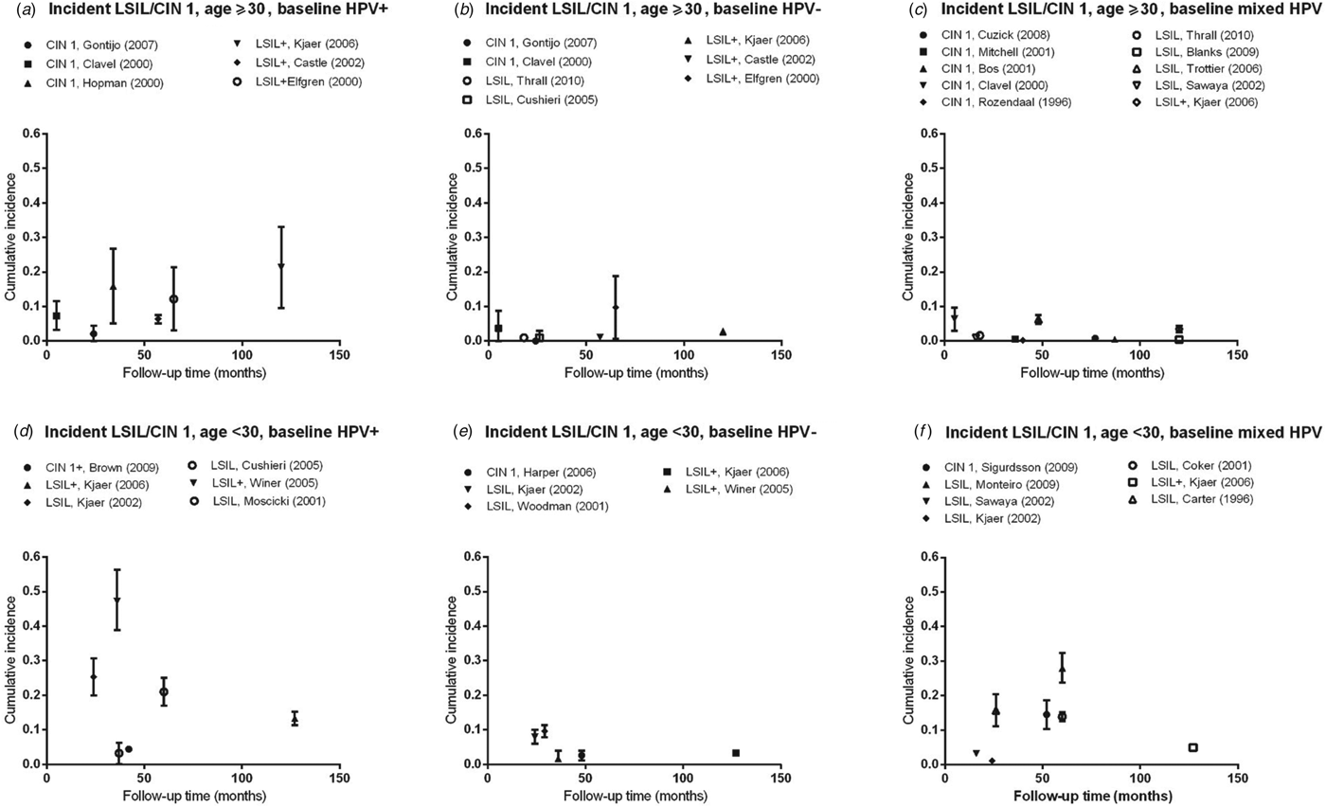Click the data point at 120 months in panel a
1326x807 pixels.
pos(281,266)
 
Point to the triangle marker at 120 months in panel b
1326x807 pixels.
pos(723,332)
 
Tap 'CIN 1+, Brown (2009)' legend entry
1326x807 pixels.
pos(112,467)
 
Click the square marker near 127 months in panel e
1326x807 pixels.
pos(736,753)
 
